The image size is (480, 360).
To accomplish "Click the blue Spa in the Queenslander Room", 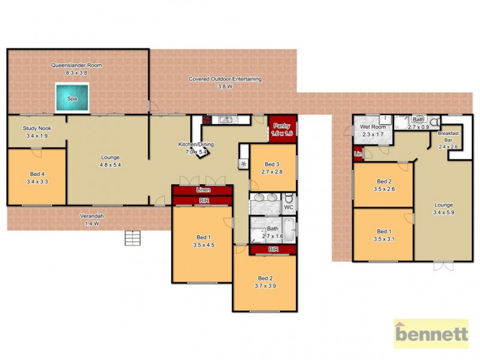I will point(71,97).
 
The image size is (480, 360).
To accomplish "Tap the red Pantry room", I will point(282,128).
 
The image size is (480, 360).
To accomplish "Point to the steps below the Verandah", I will point(133,238).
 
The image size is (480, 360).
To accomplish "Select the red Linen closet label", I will point(202,190).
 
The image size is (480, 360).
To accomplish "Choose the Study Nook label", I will point(35,128).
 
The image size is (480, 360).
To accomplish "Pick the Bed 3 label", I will point(272,164).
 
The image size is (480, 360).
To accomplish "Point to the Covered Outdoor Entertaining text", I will point(224,79).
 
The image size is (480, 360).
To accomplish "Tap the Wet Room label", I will point(372,127).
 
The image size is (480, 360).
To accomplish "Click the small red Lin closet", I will point(358,154).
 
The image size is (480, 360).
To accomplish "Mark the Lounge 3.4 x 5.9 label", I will point(444,208).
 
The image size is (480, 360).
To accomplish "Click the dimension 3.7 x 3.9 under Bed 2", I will point(265,287).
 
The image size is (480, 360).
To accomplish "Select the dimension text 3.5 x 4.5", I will point(204,245).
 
